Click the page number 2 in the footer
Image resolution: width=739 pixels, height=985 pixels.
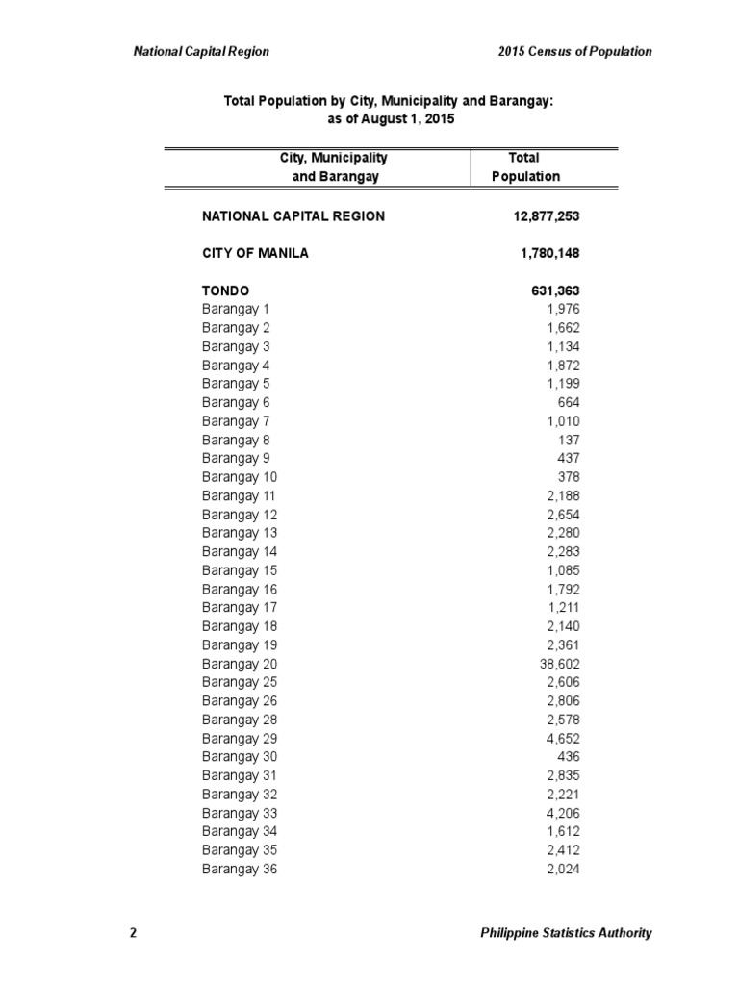133,932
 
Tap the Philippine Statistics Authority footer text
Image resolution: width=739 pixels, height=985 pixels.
566,932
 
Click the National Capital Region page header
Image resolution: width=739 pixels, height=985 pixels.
201,51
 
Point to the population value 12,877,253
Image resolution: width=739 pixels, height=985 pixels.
547,216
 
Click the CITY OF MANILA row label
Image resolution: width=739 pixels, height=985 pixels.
256,254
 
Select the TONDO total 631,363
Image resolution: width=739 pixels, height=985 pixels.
554,290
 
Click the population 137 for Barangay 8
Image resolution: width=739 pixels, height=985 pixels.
569,440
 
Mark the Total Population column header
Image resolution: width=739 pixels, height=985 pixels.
524,166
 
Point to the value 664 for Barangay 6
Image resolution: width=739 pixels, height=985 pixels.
569,402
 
